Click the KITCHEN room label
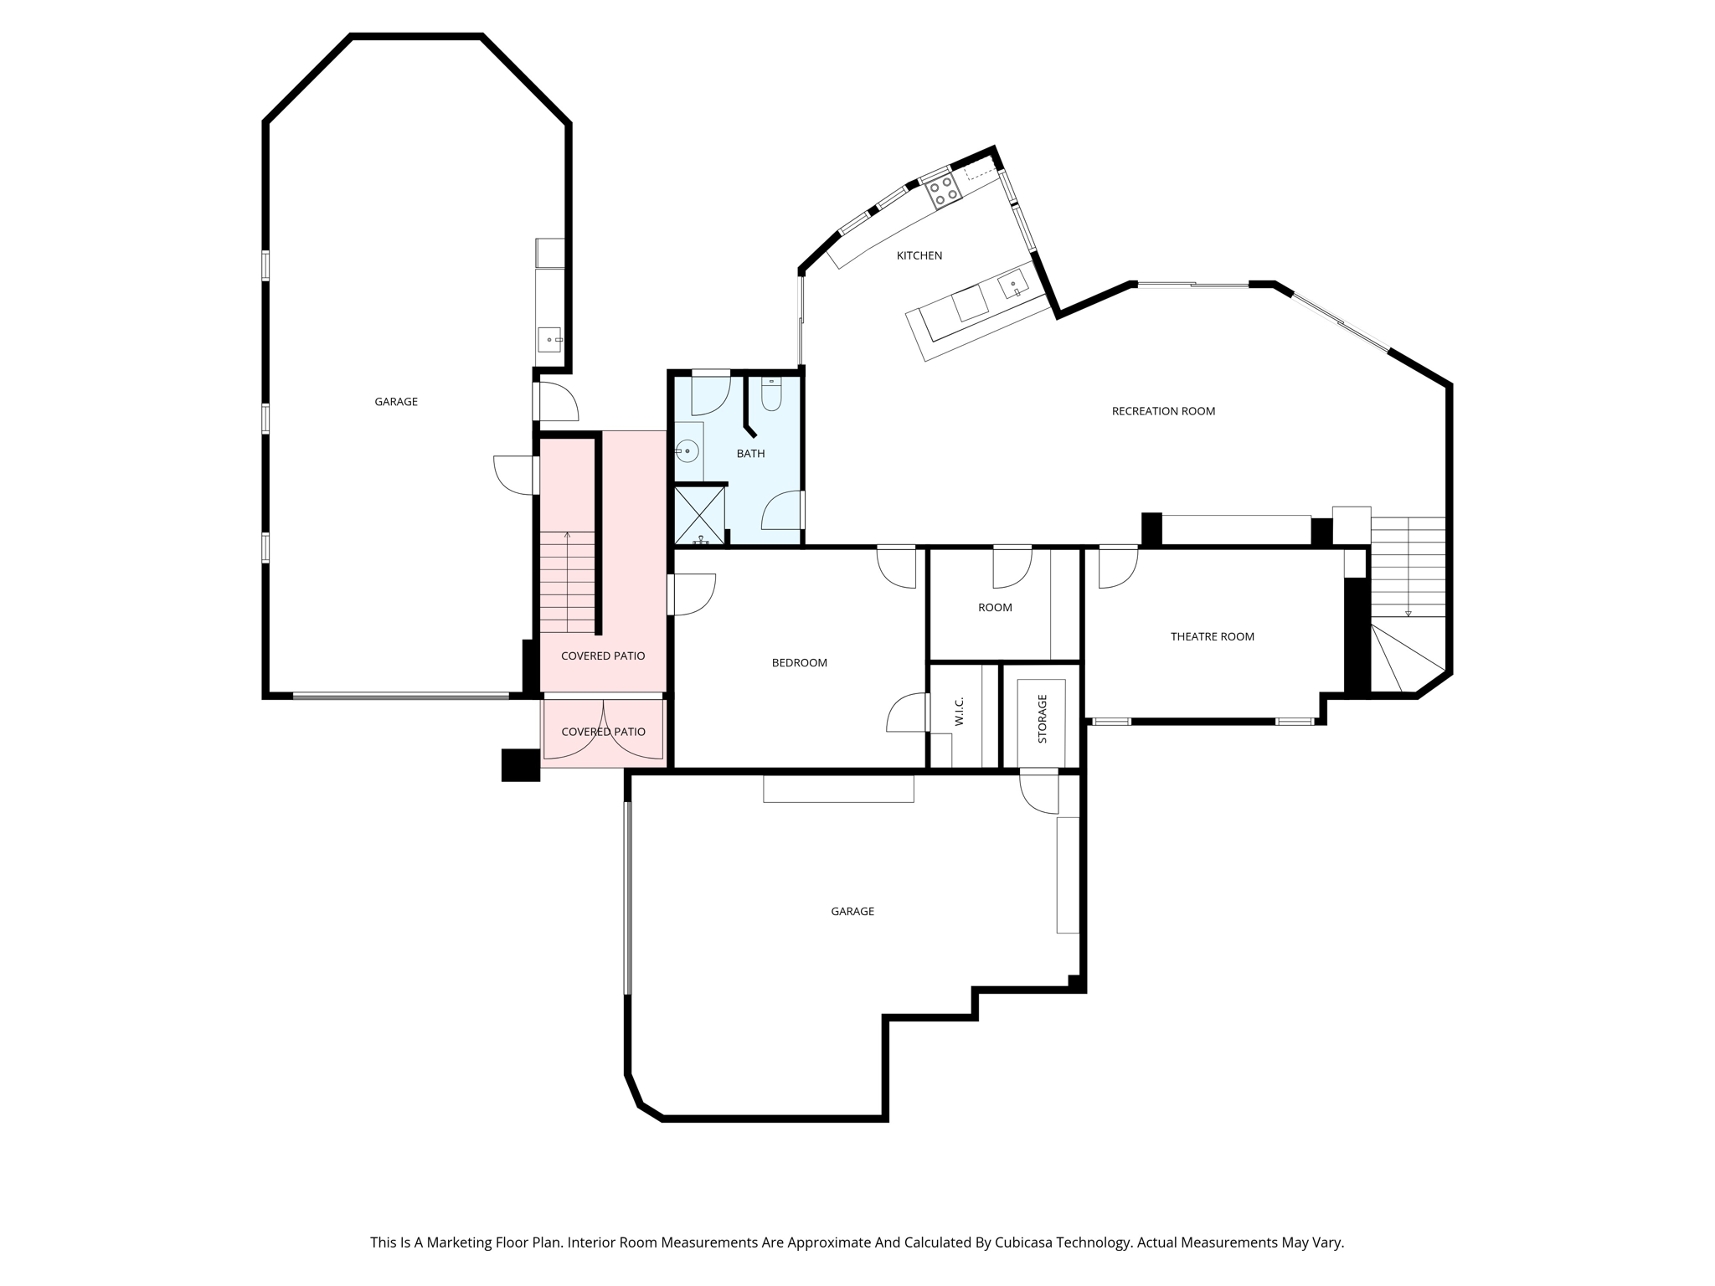[919, 255]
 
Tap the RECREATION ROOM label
[1162, 411]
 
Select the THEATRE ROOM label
[1212, 636]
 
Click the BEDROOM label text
[799, 662]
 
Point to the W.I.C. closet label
[960, 711]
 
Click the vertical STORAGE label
[1042, 718]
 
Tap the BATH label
[750, 454]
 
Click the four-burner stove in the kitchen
[944, 191]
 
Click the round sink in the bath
[688, 451]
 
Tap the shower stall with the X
[699, 514]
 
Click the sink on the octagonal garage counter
[549, 339]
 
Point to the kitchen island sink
[1014, 285]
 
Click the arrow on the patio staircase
[567, 535]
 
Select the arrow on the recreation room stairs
[1408, 613]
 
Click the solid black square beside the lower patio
[520, 764]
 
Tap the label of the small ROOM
[995, 607]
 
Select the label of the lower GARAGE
[852, 911]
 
